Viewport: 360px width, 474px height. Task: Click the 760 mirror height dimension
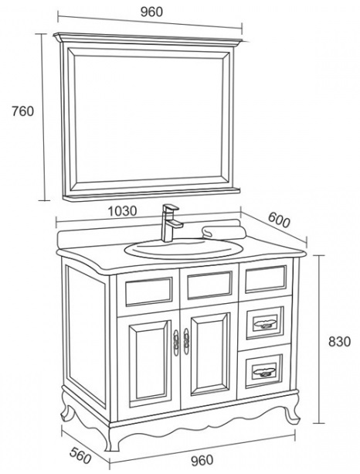[22, 111]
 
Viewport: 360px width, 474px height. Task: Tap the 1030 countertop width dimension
[122, 211]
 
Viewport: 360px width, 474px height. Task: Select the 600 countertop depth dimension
[279, 220]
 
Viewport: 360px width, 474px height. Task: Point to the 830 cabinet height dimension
[339, 342]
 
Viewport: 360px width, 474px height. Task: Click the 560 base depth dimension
[80, 455]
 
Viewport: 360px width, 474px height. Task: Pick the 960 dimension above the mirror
[151, 12]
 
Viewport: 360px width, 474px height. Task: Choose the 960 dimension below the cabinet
[202, 460]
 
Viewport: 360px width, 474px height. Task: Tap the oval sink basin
[184, 249]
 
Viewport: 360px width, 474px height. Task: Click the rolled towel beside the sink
[224, 232]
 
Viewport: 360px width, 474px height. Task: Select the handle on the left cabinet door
[176, 343]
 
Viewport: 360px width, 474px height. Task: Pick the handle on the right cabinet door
[186, 341]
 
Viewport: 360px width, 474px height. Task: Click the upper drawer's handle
[265, 323]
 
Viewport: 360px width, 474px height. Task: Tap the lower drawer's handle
[264, 370]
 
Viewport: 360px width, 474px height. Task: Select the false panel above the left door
[148, 292]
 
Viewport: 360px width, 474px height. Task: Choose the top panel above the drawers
[266, 279]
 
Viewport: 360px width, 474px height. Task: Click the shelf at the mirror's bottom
[151, 194]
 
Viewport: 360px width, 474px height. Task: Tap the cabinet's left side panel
[86, 336]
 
